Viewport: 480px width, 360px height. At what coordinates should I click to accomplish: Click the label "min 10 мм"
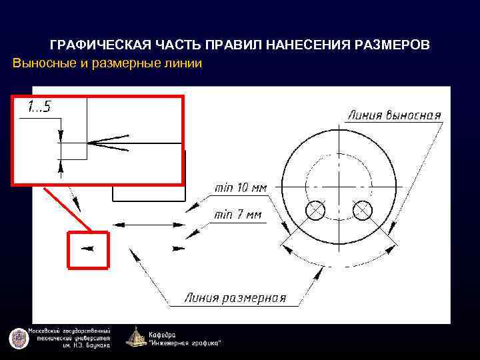(240, 187)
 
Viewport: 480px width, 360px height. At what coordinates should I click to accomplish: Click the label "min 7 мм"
(238, 215)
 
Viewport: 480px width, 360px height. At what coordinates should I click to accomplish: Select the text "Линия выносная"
(394, 115)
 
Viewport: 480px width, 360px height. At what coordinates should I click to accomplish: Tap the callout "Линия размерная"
(235, 298)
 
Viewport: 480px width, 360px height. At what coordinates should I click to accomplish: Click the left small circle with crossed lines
(315, 211)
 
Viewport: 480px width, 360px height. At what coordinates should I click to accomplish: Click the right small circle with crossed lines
(363, 210)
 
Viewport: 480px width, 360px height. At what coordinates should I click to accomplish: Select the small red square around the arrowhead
(88, 249)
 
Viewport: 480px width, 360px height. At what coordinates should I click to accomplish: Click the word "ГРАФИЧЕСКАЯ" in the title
(95, 45)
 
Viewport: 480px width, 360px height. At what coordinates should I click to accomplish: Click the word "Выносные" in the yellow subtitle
(41, 63)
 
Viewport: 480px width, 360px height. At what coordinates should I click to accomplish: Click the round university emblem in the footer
(19, 338)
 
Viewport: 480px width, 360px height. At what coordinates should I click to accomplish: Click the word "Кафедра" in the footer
(163, 333)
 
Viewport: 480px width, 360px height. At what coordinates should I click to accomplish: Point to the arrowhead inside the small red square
(87, 249)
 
